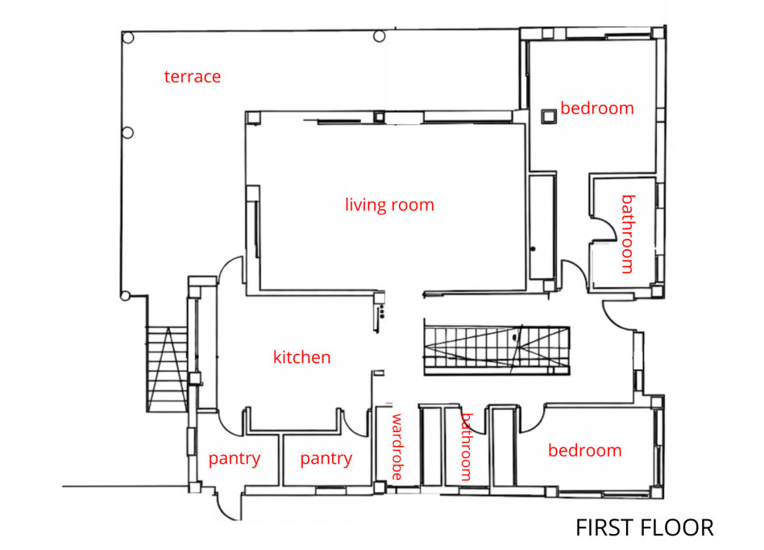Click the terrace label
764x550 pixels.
point(193,77)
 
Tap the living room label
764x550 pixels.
point(389,205)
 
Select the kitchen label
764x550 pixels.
point(302,357)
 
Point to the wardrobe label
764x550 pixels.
point(397,447)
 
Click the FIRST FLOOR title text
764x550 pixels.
point(645,527)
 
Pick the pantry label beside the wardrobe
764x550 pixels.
point(326,459)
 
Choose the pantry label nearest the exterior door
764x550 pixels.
point(235,459)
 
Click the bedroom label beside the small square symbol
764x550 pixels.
point(597,108)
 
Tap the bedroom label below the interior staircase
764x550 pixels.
point(585,450)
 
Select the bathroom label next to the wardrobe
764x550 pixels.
point(467,447)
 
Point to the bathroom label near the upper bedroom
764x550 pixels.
point(629,234)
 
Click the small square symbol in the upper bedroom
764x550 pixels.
point(549,116)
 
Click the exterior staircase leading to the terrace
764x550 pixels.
point(167,369)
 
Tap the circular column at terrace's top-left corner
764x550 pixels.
point(127,38)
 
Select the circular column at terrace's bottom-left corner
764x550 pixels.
point(125,295)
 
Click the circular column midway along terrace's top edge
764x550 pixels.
point(380,36)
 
